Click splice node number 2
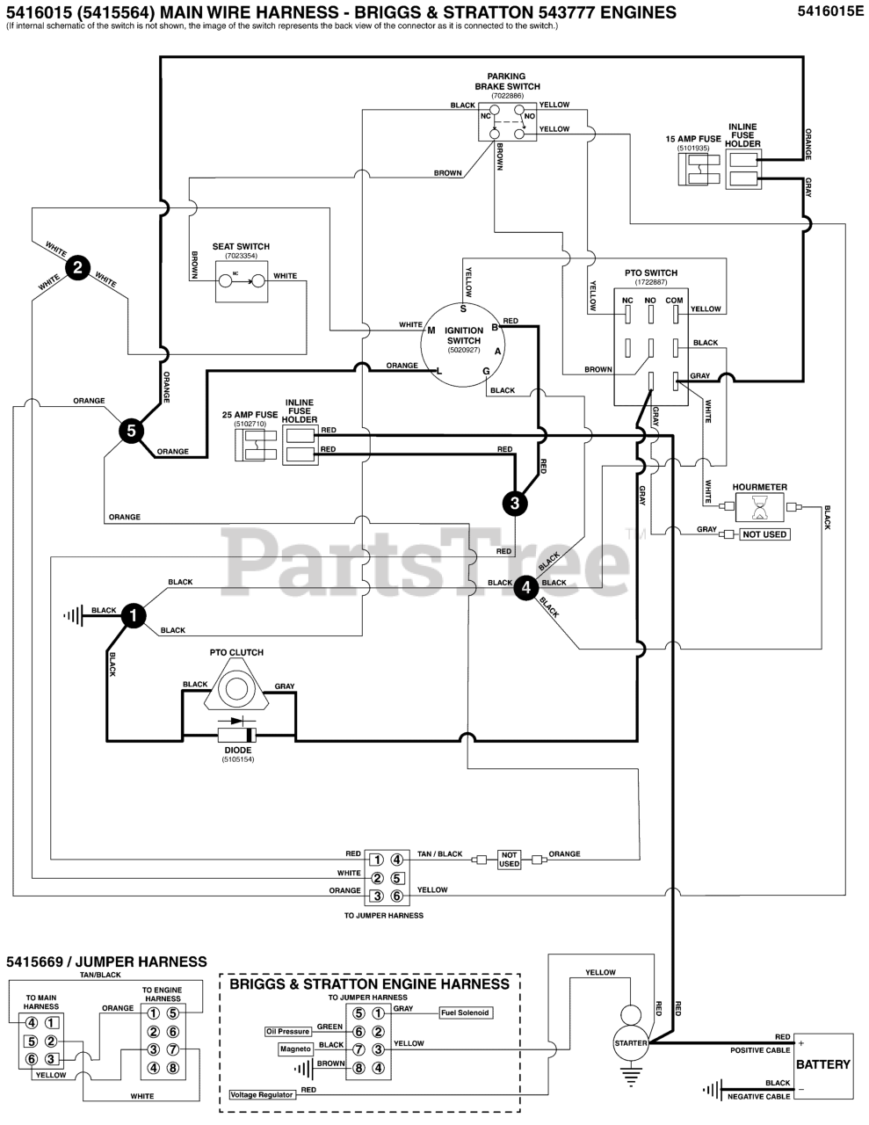(x=78, y=268)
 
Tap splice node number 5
(x=131, y=431)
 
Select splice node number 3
(x=515, y=503)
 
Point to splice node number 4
(x=525, y=587)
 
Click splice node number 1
(x=133, y=616)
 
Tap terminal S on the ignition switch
(x=463, y=308)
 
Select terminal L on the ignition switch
(x=439, y=371)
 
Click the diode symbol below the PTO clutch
(x=236, y=735)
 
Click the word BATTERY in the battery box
(x=822, y=1064)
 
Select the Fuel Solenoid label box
(x=465, y=1012)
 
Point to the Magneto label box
(x=295, y=1049)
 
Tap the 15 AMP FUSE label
(x=692, y=139)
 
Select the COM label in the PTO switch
(x=674, y=301)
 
